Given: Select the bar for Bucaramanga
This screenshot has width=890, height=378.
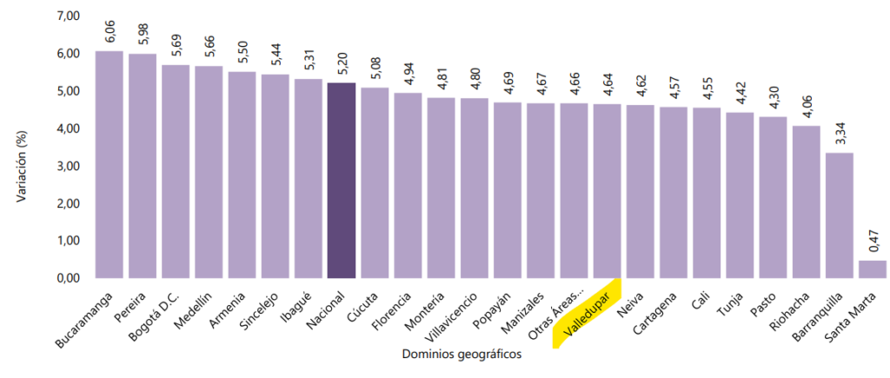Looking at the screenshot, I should (109, 165).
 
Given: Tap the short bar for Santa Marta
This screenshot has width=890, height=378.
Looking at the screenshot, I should (872, 269).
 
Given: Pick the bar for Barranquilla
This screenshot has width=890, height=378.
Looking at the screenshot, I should (839, 216).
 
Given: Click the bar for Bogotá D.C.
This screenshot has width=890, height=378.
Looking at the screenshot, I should (176, 172).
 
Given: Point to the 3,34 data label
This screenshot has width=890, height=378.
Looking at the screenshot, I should (840, 132).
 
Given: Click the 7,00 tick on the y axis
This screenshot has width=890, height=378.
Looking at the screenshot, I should (68, 17).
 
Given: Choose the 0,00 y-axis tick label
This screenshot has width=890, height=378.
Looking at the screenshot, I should (68, 278).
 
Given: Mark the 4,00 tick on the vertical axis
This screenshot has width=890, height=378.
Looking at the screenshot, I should (68, 129).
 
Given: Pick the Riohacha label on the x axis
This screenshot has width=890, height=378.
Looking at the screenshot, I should (788, 310).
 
